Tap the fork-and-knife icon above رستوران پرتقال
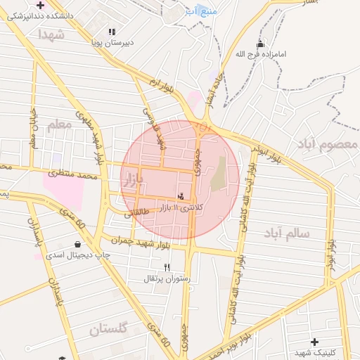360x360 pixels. click(x=167, y=267)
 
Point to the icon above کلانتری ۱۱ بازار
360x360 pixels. click(x=181, y=196)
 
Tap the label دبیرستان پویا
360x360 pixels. click(x=110, y=43)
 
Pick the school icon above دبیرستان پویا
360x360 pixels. click(x=112, y=32)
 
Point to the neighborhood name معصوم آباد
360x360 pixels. click(x=328, y=144)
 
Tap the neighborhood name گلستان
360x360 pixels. click(x=108, y=328)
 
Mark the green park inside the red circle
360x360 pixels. click(x=219, y=174)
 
